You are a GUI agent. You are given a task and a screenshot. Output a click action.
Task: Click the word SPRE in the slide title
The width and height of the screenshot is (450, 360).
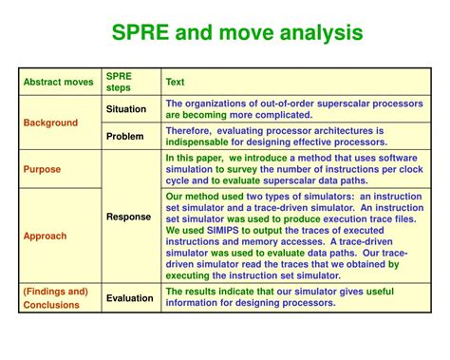point(141,34)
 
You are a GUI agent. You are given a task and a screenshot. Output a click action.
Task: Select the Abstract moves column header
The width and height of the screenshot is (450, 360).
point(59,82)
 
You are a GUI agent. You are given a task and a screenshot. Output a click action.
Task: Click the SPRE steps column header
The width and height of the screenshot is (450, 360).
point(120,82)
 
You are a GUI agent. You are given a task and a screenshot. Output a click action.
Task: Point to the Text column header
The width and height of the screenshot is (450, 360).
point(176,82)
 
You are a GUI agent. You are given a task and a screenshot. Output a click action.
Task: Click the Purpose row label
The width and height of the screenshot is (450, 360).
point(43,170)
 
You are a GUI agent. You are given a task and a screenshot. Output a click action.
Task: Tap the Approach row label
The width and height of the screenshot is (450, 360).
point(46,235)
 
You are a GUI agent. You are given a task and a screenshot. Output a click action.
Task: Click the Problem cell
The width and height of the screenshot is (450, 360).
point(124,136)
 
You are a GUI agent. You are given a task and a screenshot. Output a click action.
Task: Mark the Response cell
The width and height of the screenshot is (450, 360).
point(128,217)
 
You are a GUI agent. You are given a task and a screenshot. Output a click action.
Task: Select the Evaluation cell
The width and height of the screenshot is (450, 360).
point(130,297)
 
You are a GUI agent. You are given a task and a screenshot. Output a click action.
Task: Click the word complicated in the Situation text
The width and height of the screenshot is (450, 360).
point(279,115)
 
